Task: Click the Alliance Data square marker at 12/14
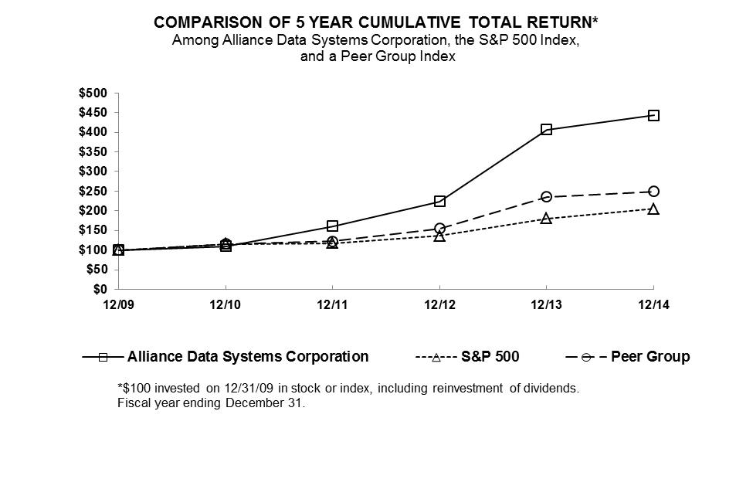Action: point(653,115)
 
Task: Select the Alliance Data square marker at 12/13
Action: point(546,129)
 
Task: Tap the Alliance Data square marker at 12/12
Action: point(439,201)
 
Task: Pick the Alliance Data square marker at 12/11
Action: point(332,226)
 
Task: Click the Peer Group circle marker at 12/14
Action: point(653,192)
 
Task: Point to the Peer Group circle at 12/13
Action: point(546,196)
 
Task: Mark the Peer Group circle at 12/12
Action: point(439,229)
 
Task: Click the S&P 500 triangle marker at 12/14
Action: point(653,209)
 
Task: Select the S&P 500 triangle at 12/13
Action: point(546,219)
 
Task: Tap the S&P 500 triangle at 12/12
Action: point(439,236)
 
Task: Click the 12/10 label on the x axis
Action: point(225,305)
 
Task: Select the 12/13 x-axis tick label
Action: point(546,305)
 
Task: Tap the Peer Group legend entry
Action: point(650,357)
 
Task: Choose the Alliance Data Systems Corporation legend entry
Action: point(247,357)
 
